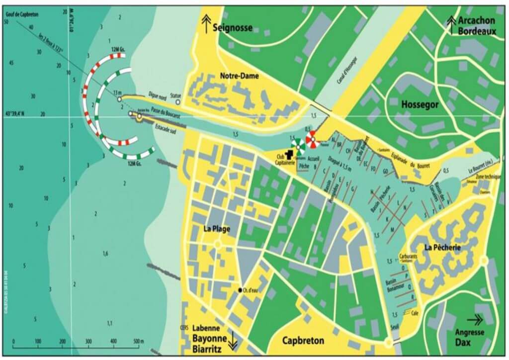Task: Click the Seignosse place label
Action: [x=233, y=27]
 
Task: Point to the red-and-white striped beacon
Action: [x=312, y=140]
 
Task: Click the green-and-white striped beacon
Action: [x=298, y=146]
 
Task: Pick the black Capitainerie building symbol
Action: [x=289, y=156]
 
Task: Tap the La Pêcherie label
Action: [x=442, y=247]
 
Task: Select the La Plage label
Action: [x=218, y=229]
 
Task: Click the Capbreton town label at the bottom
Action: [x=303, y=341]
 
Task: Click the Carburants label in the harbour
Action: [x=408, y=257]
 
